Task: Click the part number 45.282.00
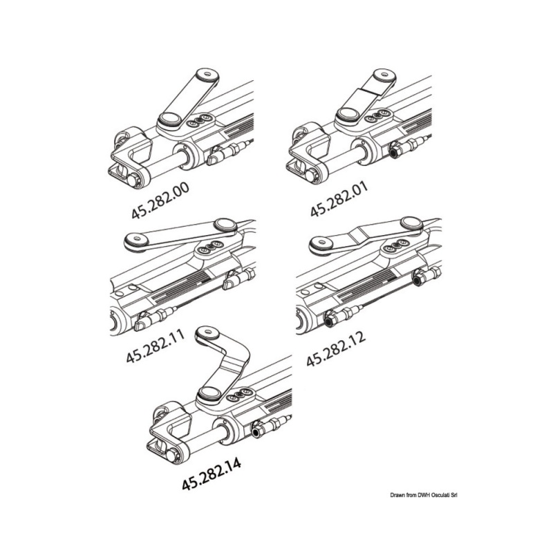coord(160,200)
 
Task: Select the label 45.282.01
coord(339,198)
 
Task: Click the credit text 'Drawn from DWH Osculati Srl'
coord(424,496)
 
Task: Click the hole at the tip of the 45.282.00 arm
coord(207,75)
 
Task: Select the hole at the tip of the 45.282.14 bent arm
coord(206,332)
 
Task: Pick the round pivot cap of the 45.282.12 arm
coord(412,222)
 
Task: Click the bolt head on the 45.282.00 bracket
coord(134,180)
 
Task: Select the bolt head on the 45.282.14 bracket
coord(173,455)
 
